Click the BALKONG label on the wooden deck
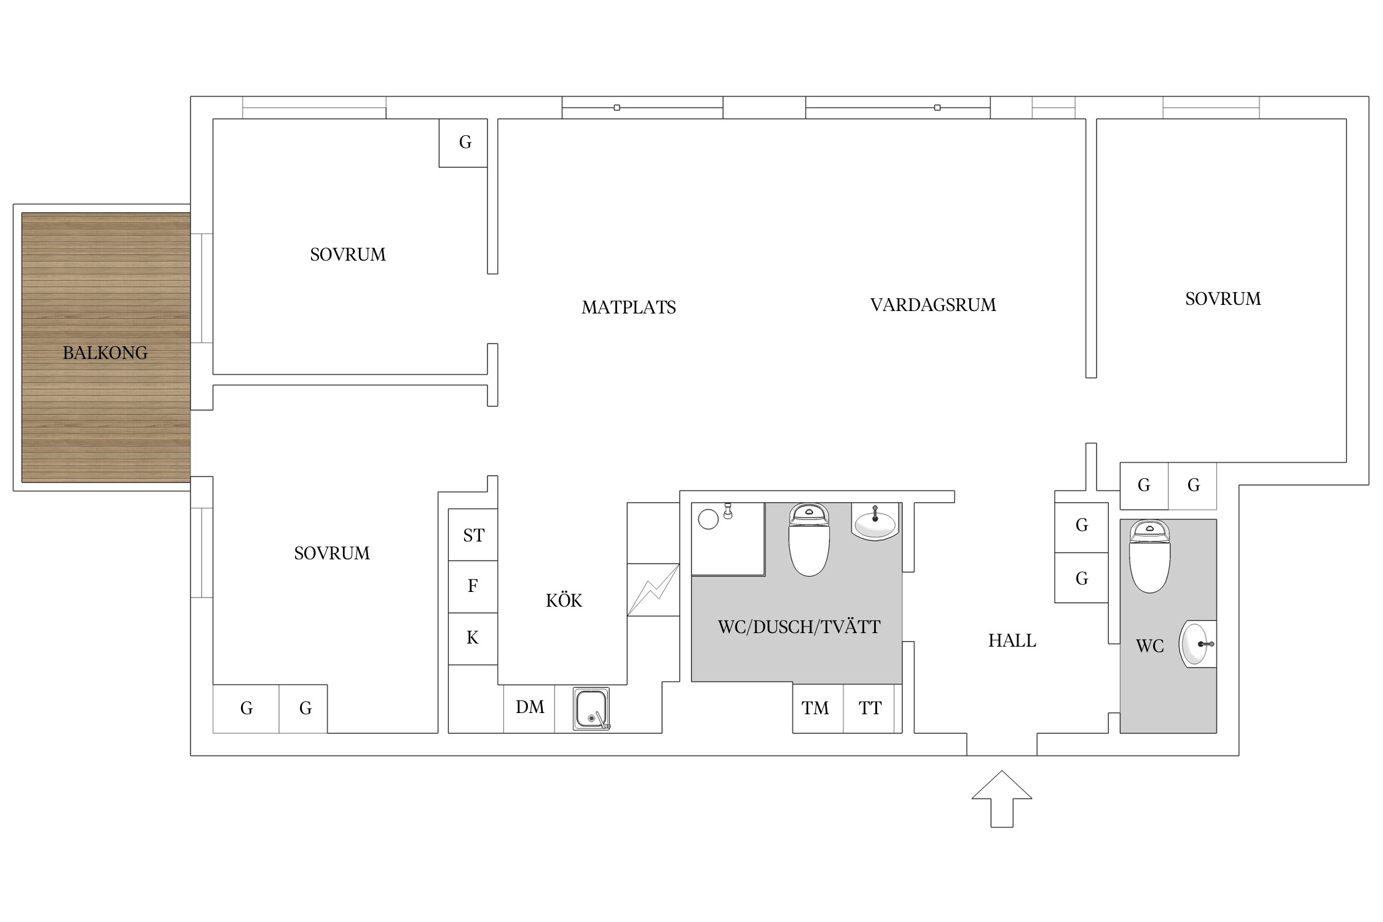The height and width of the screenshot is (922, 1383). point(105,353)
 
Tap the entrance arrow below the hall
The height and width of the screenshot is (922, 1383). point(1001,798)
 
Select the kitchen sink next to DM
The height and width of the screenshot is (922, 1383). point(591,709)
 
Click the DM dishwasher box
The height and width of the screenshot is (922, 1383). point(529,708)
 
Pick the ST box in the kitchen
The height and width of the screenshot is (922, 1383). point(473,535)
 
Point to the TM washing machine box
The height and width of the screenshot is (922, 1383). point(818,708)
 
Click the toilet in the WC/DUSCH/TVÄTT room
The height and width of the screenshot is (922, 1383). point(809,540)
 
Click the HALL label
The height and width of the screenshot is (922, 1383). point(1012,640)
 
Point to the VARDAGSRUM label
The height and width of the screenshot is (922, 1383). point(933,305)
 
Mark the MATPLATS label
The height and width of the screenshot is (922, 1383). point(629,307)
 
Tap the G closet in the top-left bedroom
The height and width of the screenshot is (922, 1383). point(463,143)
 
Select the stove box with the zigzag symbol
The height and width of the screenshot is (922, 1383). point(653,589)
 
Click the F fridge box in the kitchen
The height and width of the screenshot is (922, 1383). point(473,586)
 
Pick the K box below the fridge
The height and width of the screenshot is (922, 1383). point(473,639)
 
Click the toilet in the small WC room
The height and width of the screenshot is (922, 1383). point(1149,556)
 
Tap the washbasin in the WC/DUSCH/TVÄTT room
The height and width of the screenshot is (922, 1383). point(875,522)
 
